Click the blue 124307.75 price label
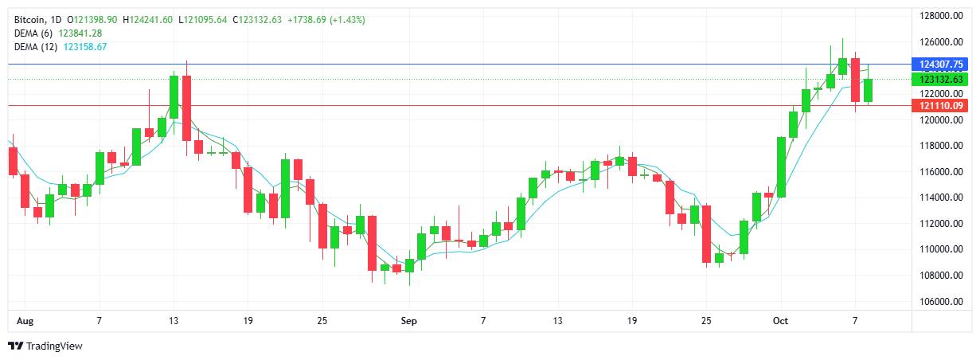tap(941, 64)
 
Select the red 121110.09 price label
tap(941, 105)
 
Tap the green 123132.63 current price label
tap(941, 80)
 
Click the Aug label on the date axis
tap(24, 321)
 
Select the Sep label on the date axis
tap(408, 321)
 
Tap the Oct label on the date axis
tap(780, 321)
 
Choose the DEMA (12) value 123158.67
tap(84, 47)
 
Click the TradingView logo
tap(45, 346)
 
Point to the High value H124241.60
tap(149, 19)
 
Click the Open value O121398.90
tap(93, 19)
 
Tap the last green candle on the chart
tap(868, 90)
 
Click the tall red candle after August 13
tap(186, 108)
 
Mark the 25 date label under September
tap(706, 321)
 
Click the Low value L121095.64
tap(205, 19)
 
